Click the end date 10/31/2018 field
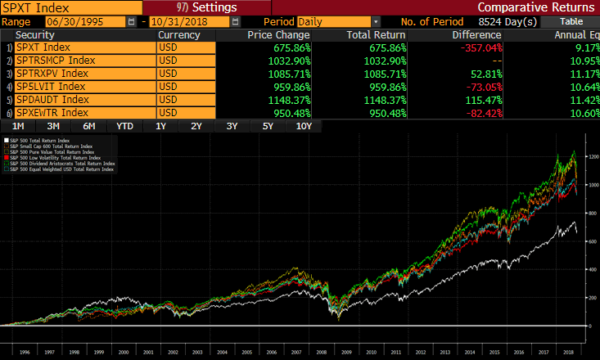coord(178,21)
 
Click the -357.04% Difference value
coord(477,48)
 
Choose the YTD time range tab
coord(125,126)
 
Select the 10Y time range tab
coord(303,126)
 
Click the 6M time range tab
coord(89,126)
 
